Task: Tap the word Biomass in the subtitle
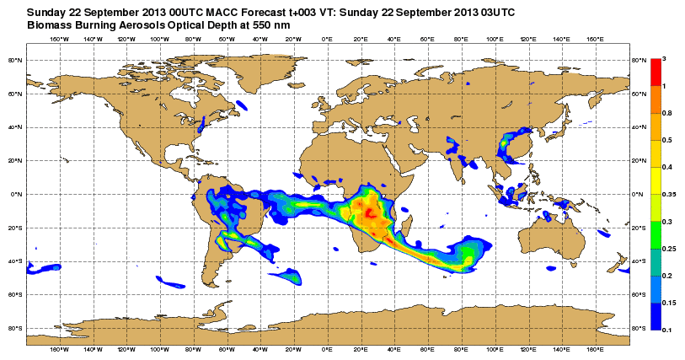pyautogui.click(x=49, y=25)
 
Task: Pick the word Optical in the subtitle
pyautogui.click(x=174, y=25)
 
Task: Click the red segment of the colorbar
pyautogui.click(x=656, y=72)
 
